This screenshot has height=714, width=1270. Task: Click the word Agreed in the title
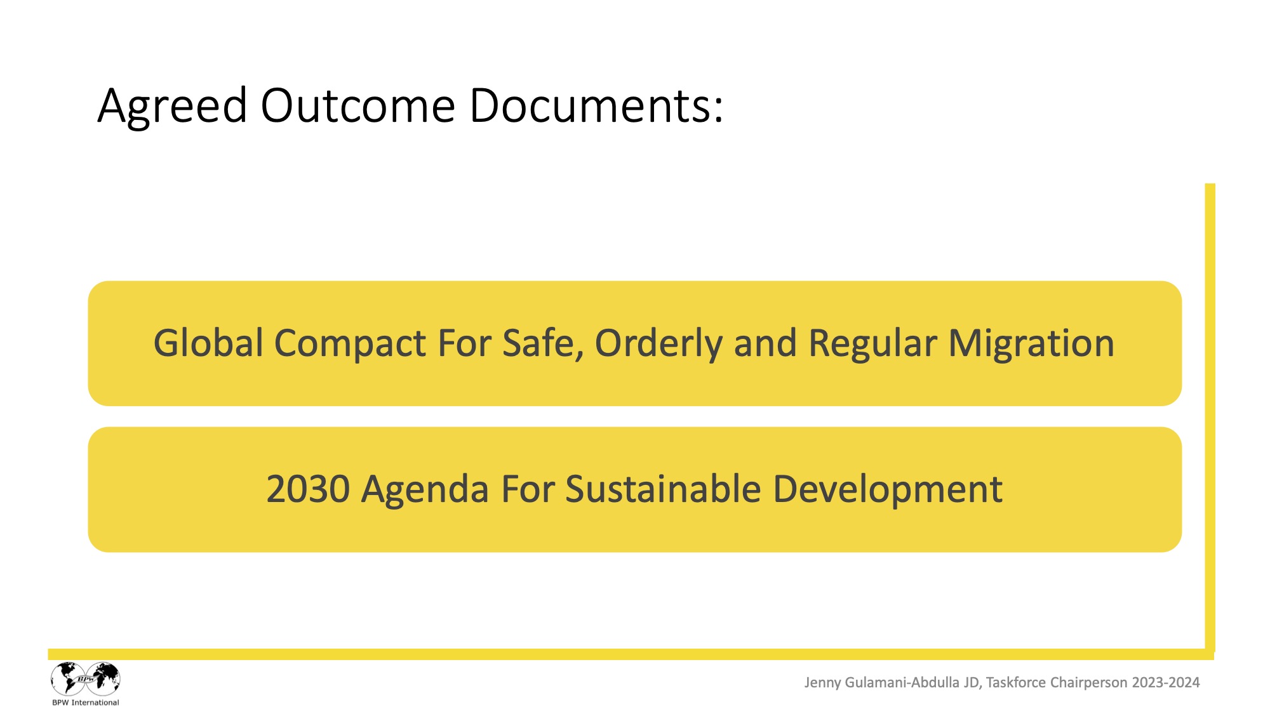(x=172, y=107)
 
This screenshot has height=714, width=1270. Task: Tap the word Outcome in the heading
(x=358, y=105)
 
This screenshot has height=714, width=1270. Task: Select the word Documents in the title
(x=591, y=105)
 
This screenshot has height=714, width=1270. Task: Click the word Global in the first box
(x=208, y=343)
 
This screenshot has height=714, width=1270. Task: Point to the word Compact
(x=350, y=345)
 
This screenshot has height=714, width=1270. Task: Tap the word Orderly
(x=658, y=345)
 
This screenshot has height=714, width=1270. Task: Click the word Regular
(x=872, y=345)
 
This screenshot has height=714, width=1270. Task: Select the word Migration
(x=1031, y=345)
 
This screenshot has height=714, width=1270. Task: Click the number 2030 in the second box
(x=308, y=489)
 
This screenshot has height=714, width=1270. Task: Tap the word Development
(x=888, y=491)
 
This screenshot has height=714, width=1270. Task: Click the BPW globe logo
(x=86, y=678)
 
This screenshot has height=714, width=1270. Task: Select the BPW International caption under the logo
(x=86, y=703)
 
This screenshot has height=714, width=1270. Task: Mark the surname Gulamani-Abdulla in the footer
(x=902, y=682)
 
